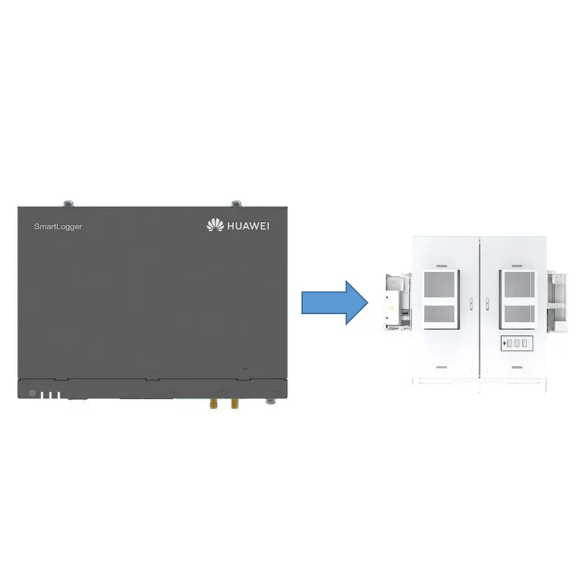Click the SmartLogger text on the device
(58, 226)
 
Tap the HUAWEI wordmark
(248, 226)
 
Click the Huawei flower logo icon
(215, 225)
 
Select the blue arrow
(334, 303)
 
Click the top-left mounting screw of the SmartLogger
(68, 204)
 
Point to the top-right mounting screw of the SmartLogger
(236, 204)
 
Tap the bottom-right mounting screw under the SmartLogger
(270, 401)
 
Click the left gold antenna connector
(213, 404)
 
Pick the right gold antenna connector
(234, 404)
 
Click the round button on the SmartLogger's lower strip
(32, 393)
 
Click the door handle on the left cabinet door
(471, 304)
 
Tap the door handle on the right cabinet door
(487, 304)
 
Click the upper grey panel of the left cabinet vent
(440, 284)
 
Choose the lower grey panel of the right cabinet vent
(520, 314)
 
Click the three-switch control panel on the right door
(517, 343)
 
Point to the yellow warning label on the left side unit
(392, 309)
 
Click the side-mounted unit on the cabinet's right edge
(557, 302)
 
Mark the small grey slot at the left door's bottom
(442, 367)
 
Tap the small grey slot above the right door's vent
(517, 266)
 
